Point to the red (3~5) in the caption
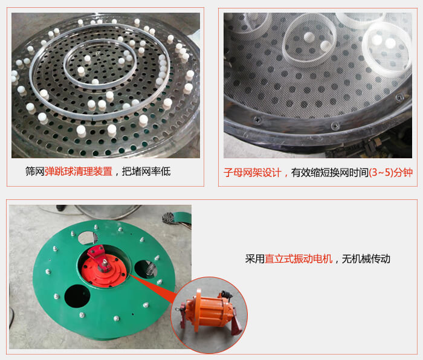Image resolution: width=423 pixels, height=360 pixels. [x=380, y=172]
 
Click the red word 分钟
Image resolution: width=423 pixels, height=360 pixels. [x=402, y=172]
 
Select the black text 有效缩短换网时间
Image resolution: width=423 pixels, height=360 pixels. [x=330, y=172]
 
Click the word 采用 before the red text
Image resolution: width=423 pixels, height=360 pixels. [x=254, y=259]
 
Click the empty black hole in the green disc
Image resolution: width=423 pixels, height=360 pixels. [x=77, y=298]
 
